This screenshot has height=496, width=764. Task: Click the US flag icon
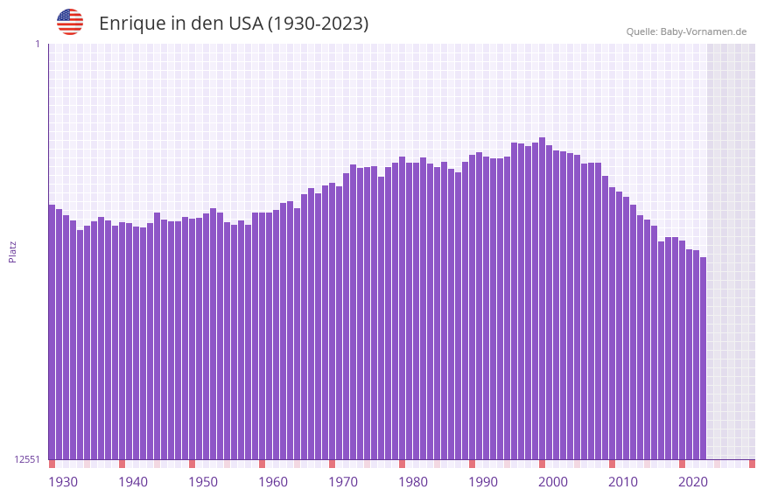click(x=70, y=22)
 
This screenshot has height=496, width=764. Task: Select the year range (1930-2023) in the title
click(x=319, y=24)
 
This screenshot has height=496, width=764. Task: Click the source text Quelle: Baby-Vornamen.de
click(x=686, y=32)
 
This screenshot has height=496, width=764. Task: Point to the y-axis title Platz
click(x=12, y=252)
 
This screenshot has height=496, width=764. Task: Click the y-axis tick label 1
click(x=37, y=44)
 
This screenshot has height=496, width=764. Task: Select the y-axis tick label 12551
click(x=28, y=459)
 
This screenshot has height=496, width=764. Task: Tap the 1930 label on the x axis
click(x=63, y=482)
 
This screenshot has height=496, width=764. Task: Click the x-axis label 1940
click(x=133, y=482)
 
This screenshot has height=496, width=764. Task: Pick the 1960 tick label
click(x=273, y=482)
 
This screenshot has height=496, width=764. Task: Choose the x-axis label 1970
click(x=343, y=482)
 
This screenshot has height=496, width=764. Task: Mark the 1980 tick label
click(x=413, y=482)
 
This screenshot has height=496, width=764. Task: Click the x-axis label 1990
click(x=483, y=482)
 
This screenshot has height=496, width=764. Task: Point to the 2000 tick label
click(x=553, y=482)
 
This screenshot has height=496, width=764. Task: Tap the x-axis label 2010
click(x=623, y=482)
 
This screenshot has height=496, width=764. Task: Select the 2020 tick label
click(x=693, y=482)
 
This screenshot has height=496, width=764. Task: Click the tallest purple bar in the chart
click(x=543, y=297)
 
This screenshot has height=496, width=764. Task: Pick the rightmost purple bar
click(x=703, y=359)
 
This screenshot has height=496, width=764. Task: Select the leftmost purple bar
click(x=52, y=332)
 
